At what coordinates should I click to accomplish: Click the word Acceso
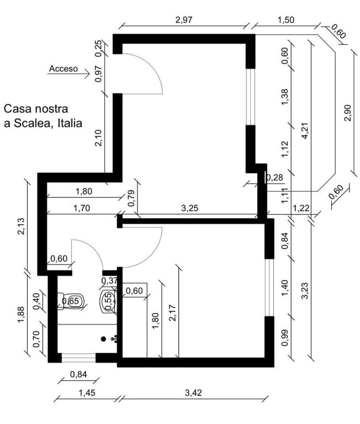click(63, 68)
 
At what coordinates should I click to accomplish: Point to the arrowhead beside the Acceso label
click(87, 73)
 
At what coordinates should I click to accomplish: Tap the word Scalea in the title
click(31, 123)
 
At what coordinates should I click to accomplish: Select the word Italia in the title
click(70, 123)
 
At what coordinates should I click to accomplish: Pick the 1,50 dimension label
click(286, 20)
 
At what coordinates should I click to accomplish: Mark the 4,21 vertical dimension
click(305, 131)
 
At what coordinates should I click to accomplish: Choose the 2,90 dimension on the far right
click(347, 113)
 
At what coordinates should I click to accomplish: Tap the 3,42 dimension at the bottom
click(193, 393)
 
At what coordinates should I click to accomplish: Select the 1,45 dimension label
click(87, 393)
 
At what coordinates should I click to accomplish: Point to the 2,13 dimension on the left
click(21, 226)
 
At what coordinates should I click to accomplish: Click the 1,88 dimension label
click(21, 315)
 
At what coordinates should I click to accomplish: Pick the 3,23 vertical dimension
click(305, 291)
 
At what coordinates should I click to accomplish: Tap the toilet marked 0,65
click(71, 301)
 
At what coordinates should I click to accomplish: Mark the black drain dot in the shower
click(103, 338)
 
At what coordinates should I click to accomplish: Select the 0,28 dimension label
click(275, 178)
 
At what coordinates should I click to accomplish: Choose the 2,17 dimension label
click(172, 313)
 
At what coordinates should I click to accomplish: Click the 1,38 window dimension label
click(285, 97)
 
